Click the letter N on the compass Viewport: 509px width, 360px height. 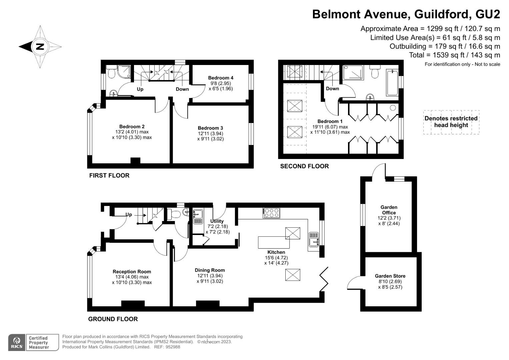pyautogui.click(x=40, y=47)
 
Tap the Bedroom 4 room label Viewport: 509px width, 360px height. pyautogui.click(x=220, y=78)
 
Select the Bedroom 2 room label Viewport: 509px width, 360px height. pyautogui.click(x=132, y=127)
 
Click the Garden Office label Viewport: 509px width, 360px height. pyautogui.click(x=389, y=210)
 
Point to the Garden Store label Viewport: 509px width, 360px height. pyautogui.click(x=390, y=276)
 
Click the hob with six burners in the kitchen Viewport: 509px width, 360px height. pyautogui.click(x=271, y=213)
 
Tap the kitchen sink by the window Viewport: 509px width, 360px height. pyautogui.click(x=314, y=239)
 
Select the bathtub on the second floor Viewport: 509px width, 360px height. pyautogui.click(x=392, y=82)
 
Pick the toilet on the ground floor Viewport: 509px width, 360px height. pyautogui.click(x=174, y=214)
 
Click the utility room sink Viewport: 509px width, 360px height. pyautogui.click(x=198, y=213)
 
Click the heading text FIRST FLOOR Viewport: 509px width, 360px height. pyautogui.click(x=109, y=176)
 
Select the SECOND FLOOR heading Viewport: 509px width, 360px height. pyautogui.click(x=304, y=166)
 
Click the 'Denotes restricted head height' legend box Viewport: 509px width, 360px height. pyautogui.click(x=451, y=122)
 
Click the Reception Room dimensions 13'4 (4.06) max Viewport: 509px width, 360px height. pyautogui.click(x=132, y=277)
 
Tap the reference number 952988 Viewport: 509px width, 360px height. pyautogui.click(x=173, y=347)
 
